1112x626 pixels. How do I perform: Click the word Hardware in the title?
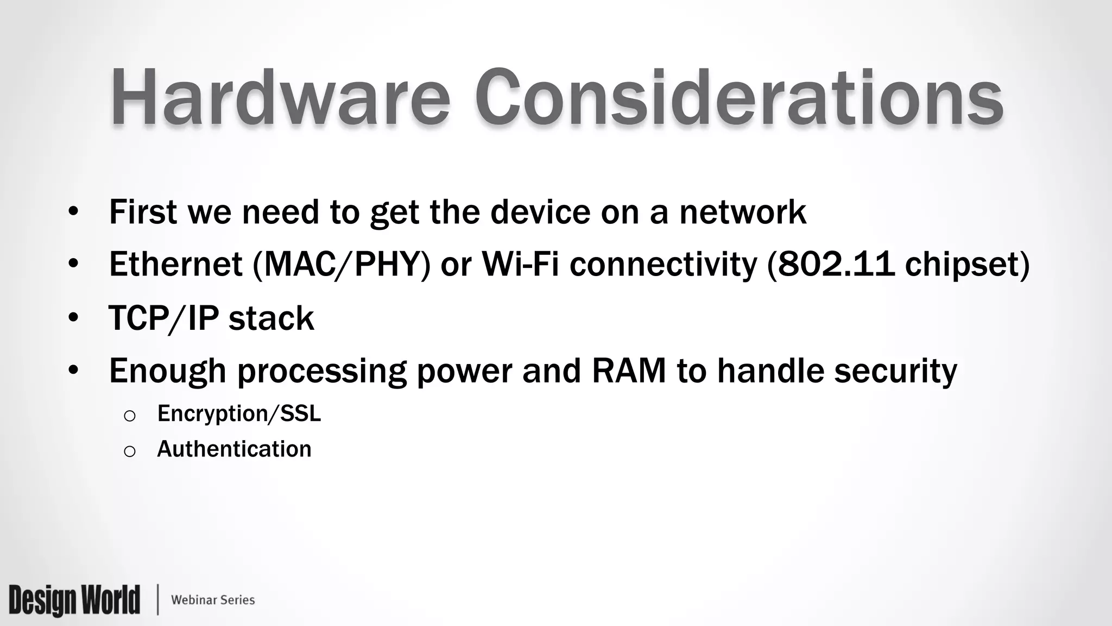(x=280, y=98)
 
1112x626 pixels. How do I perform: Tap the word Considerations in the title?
(x=738, y=98)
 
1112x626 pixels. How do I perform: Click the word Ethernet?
(x=175, y=264)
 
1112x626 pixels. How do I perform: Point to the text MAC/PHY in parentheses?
(x=342, y=265)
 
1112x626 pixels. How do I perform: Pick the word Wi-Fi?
(x=520, y=264)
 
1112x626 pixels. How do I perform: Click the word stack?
(x=271, y=318)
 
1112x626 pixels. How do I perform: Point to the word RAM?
(x=629, y=371)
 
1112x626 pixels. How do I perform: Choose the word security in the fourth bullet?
(x=895, y=372)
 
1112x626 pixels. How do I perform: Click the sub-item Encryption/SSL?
(x=239, y=414)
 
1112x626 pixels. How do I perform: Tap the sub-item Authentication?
(x=234, y=449)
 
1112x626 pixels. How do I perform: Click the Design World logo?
(x=74, y=600)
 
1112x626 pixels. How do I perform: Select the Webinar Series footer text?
(x=213, y=600)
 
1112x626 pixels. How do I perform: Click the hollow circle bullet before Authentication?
(x=129, y=451)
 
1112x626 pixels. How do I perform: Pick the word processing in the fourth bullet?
(x=322, y=372)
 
